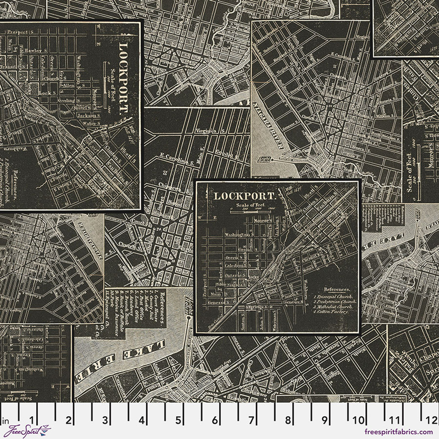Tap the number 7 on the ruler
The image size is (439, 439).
(x=251, y=419)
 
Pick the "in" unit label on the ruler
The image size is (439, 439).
(x=5, y=419)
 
